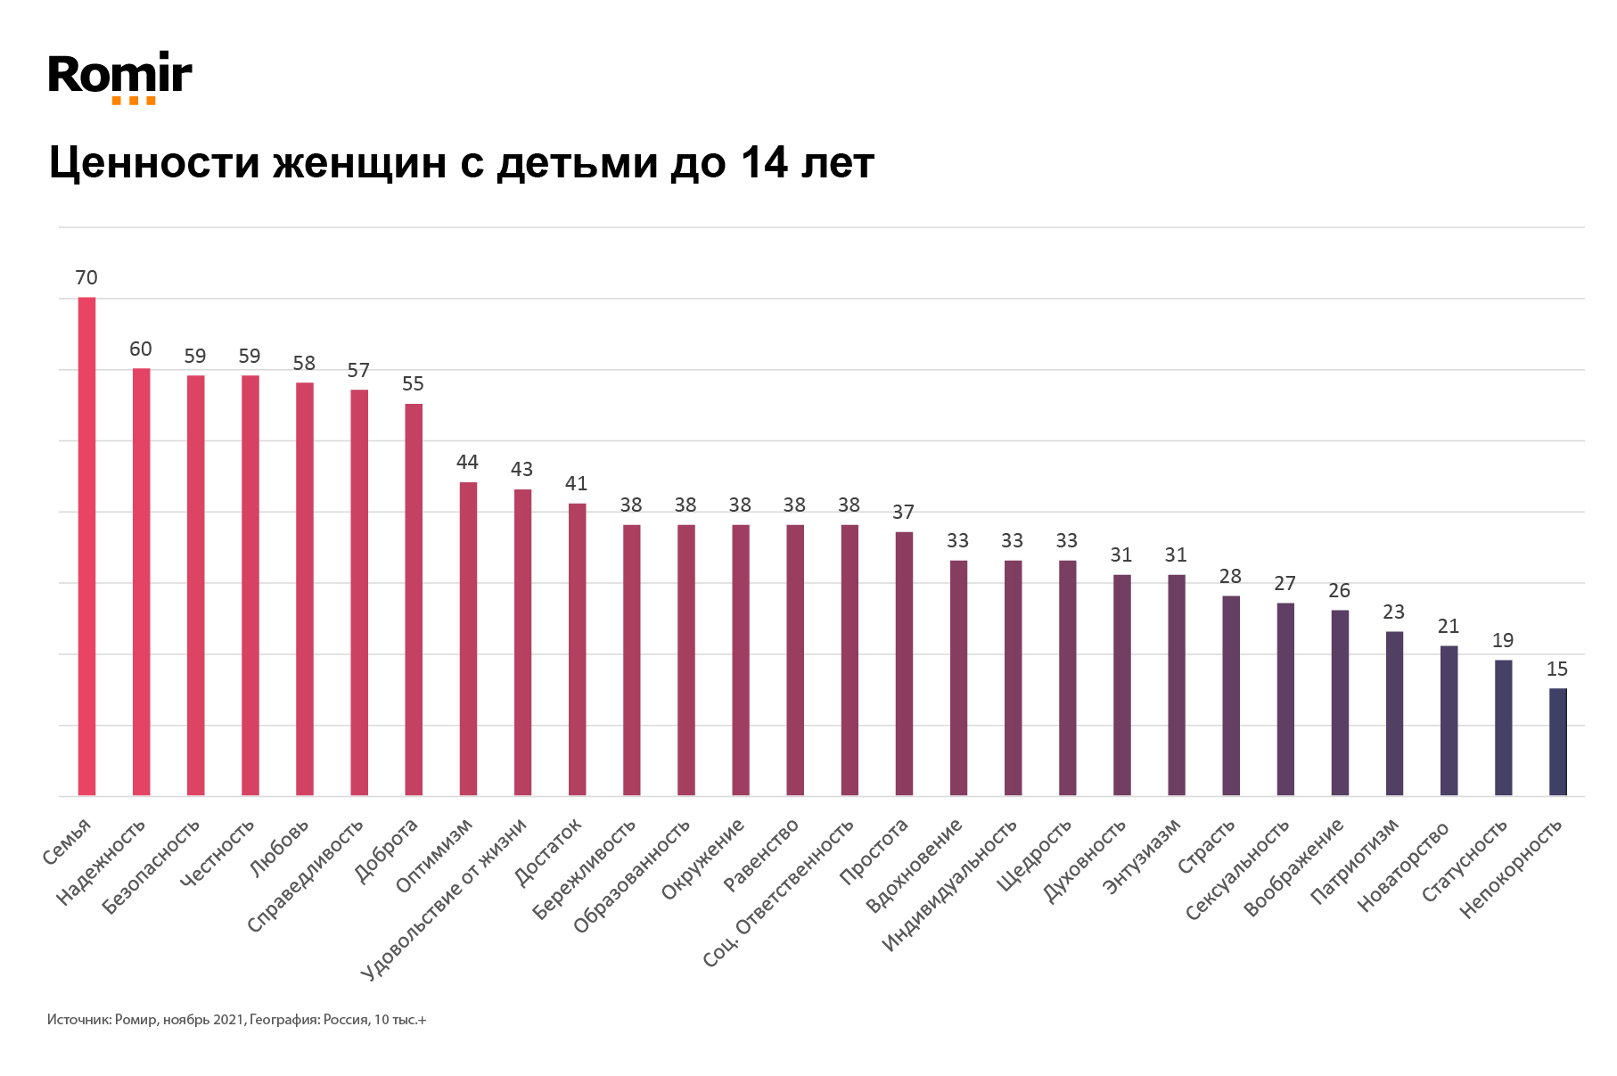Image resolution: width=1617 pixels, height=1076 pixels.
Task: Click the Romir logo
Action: (x=119, y=77)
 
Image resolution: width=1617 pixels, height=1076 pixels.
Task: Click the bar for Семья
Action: (x=86, y=546)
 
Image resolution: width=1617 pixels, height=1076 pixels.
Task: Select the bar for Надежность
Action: (x=141, y=581)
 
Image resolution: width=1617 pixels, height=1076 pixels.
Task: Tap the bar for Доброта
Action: (x=414, y=599)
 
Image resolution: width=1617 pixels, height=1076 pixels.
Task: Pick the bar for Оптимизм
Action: (x=468, y=638)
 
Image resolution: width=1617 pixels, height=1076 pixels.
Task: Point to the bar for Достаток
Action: (x=577, y=649)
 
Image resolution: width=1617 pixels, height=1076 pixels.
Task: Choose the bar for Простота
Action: (x=904, y=663)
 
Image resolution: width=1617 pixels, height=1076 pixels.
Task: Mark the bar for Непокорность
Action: (x=1557, y=742)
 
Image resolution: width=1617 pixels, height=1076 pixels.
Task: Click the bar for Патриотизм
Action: (x=1394, y=713)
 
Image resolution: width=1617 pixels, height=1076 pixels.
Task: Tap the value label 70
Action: (x=86, y=278)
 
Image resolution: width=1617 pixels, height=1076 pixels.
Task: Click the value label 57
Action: (x=358, y=370)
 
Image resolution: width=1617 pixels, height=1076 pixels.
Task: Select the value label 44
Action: (x=467, y=462)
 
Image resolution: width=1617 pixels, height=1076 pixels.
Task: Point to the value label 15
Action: (x=1557, y=669)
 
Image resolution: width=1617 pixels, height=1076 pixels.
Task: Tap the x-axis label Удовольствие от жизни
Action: (x=446, y=899)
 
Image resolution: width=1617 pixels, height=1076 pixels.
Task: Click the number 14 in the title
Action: (x=763, y=163)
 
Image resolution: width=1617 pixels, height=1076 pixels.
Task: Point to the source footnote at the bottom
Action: (x=237, y=1019)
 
